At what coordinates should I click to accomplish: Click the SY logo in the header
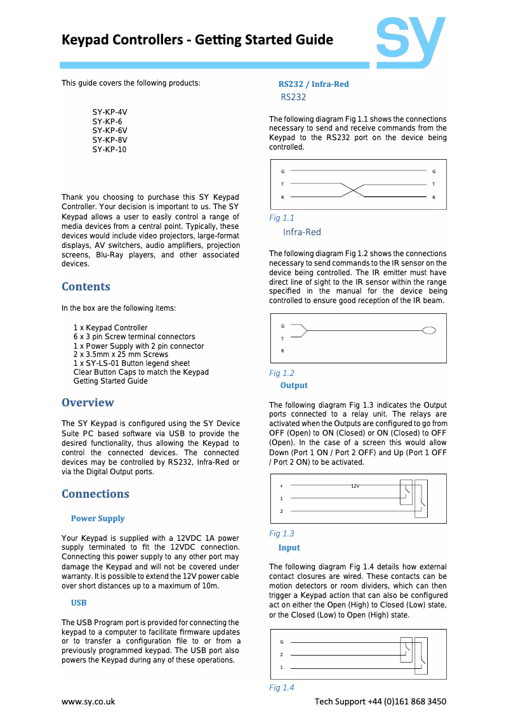[x=410, y=42]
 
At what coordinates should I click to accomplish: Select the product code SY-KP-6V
[x=110, y=130]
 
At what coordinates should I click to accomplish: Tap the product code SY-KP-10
[x=109, y=149]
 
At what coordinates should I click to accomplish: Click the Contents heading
[x=86, y=287]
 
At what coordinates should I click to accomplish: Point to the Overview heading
[x=88, y=403]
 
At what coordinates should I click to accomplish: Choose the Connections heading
[x=95, y=494]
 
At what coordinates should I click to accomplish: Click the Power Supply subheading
[x=98, y=519]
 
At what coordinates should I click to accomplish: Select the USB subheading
[x=79, y=602]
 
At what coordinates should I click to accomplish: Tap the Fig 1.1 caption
[x=281, y=217]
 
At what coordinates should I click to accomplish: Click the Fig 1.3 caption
[x=281, y=533]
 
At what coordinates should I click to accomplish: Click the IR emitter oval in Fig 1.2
[x=430, y=330]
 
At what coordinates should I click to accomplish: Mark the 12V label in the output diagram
[x=355, y=486]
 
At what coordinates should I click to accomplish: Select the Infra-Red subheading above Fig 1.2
[x=301, y=232]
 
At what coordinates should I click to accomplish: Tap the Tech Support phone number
[x=409, y=701]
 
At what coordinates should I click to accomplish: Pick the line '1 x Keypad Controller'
[x=110, y=328]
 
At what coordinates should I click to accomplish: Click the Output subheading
[x=294, y=385]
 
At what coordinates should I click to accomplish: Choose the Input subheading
[x=289, y=548]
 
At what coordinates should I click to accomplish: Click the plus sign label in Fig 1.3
[x=281, y=486]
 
